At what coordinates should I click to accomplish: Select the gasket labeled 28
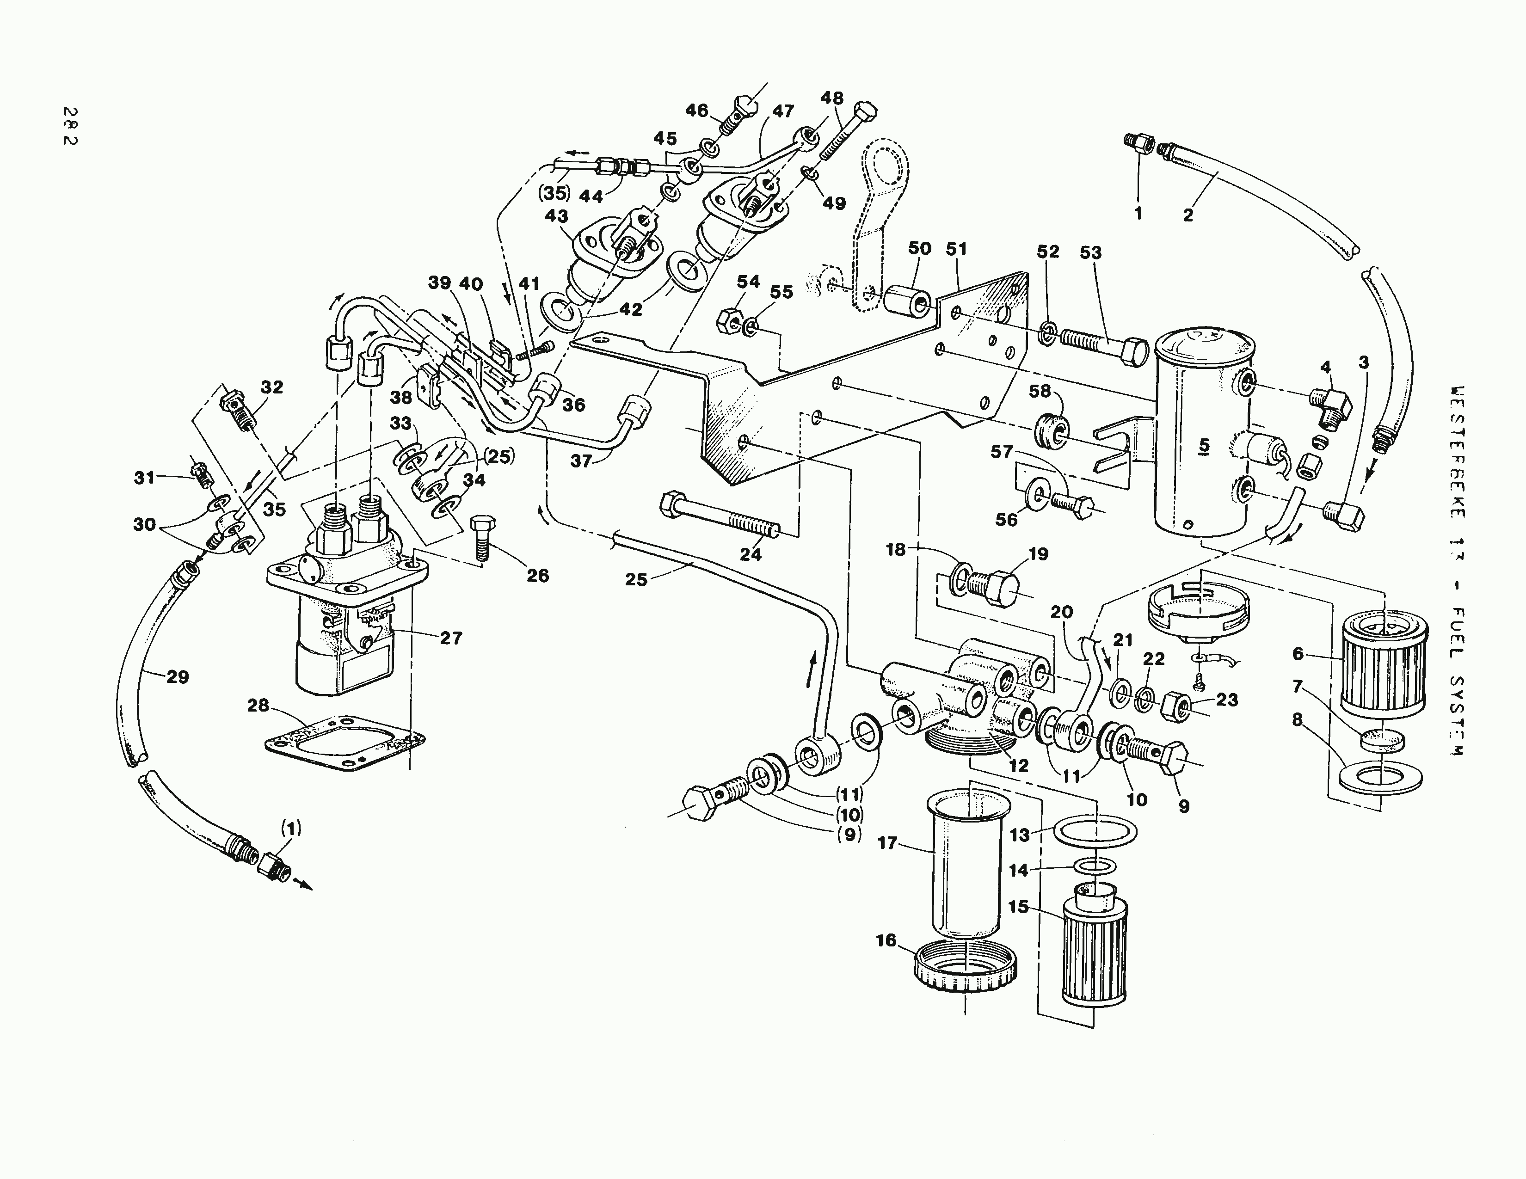[346, 744]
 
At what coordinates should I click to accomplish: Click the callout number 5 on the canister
[1203, 445]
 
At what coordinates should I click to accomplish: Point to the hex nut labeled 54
[729, 320]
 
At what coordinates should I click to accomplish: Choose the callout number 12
[1019, 766]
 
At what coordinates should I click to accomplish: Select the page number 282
[70, 126]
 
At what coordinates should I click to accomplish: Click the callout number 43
[557, 216]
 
